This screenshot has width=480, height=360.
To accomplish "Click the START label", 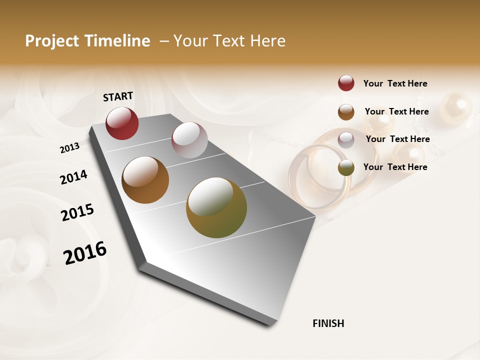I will point(118,96).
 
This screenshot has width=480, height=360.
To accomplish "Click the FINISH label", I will point(328,323).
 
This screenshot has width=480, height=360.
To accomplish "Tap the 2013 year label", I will point(69,147).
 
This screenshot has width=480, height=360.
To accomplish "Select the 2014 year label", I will point(73,177).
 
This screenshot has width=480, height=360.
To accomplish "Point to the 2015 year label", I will point(77,212).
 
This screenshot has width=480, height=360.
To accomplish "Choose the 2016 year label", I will point(85,253).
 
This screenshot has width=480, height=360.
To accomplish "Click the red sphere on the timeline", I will point(122,123).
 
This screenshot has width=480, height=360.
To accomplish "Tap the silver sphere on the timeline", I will point(189,140).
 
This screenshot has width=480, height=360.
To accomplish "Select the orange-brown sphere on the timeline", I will point(145,180).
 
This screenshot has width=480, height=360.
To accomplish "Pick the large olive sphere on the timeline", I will point(216,207).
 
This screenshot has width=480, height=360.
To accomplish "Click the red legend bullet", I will point(346,83).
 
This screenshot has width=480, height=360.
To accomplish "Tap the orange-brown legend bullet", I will point(346,112).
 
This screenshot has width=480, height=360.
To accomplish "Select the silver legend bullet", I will point(346,140).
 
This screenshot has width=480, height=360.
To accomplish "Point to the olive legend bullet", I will point(346,167).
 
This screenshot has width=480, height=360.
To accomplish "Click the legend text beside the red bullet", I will point(395,83).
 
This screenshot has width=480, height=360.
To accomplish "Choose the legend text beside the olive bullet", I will point(395,167).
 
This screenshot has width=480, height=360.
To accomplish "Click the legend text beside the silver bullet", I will point(397,139).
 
